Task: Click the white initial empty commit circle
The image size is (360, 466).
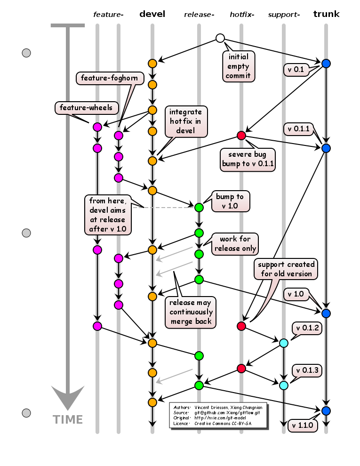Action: tap(220, 38)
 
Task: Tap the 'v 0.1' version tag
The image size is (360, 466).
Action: tap(296, 70)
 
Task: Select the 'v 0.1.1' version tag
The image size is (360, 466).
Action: tap(298, 129)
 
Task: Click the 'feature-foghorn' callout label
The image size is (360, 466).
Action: tap(110, 78)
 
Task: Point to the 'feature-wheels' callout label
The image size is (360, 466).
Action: tap(87, 108)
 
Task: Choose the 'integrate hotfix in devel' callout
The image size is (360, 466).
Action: tap(186, 121)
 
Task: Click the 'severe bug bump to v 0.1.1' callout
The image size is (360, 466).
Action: tap(248, 160)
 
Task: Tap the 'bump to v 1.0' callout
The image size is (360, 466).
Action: tap(231, 201)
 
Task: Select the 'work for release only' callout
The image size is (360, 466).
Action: tap(235, 244)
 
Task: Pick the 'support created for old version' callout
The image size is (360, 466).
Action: tap(286, 269)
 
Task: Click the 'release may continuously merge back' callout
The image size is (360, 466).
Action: tap(191, 313)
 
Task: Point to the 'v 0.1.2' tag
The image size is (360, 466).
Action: tap(307, 328)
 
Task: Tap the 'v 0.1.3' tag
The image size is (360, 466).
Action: tap(307, 370)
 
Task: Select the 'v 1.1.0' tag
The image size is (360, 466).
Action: tap(303, 426)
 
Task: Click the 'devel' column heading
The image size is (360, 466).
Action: tap(152, 14)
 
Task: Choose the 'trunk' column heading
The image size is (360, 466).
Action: tap(327, 14)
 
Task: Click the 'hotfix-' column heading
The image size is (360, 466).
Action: tap(242, 15)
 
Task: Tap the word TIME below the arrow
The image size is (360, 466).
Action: tap(68, 420)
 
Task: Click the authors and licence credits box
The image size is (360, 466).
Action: tap(218, 415)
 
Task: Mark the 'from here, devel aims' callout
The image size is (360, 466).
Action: tap(108, 215)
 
